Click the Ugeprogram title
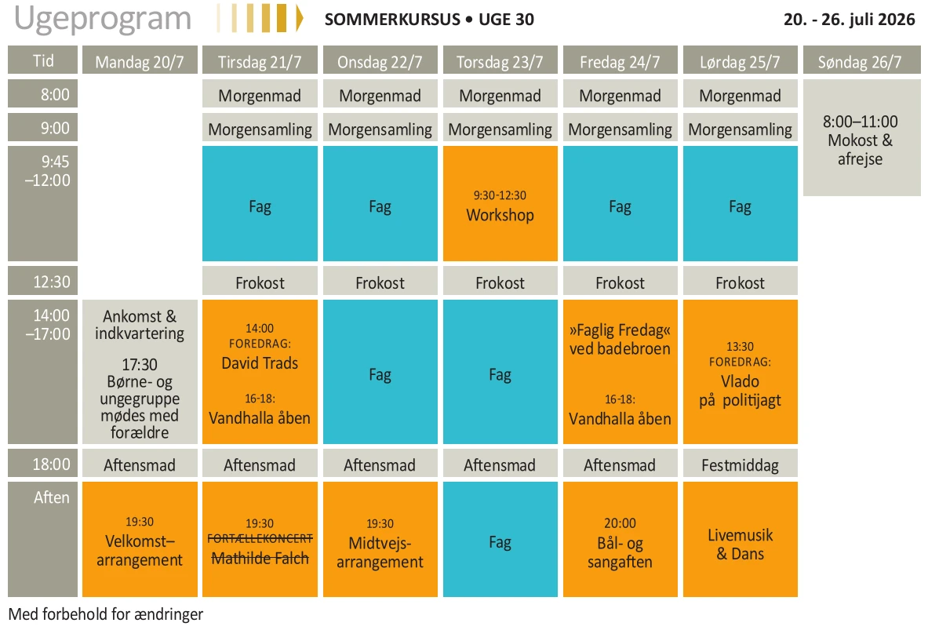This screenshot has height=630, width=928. point(103,19)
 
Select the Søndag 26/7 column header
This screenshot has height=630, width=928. point(860,62)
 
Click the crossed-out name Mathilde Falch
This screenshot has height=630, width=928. point(260,559)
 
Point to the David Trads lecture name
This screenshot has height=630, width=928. point(260,363)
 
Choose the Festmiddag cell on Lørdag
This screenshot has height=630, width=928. point(740,465)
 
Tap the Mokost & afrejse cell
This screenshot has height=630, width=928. point(861,140)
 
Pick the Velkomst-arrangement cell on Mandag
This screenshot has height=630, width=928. point(140,541)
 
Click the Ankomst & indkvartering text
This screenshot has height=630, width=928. point(140,325)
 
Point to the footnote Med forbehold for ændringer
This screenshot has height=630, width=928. point(106,614)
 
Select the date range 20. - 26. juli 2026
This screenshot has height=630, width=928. point(849,20)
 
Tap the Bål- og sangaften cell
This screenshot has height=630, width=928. point(620,542)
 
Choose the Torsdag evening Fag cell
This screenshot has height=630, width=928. point(500,541)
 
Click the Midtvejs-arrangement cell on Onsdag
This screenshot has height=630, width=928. point(380,543)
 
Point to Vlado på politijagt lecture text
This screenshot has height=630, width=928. point(740,390)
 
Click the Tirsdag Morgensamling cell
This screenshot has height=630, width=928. point(260,129)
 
